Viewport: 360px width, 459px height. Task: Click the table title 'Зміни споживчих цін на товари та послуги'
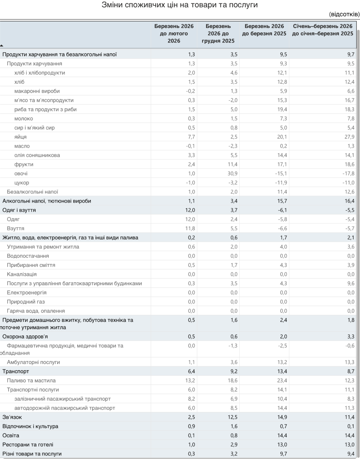pos(179,5)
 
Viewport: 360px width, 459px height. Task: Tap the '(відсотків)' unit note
pos(344,14)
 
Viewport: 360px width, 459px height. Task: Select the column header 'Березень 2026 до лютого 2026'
pos(174,33)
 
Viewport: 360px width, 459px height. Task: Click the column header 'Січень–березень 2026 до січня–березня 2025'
pos(322,30)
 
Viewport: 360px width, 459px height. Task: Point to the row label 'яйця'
pos(20,137)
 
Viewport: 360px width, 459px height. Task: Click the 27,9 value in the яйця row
pos(349,137)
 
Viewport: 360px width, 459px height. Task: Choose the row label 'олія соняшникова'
pos(37,155)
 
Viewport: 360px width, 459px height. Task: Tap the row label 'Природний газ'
pos(26,302)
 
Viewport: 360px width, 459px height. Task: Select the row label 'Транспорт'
pos(16,371)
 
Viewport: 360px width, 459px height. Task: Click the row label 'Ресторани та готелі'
pos(28,444)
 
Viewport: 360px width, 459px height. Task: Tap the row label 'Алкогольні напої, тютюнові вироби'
pos(47,201)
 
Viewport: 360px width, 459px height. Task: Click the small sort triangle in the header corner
pos(2,46)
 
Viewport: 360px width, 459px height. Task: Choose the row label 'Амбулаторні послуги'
pos(33,362)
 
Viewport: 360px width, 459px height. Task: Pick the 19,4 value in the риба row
pos(281,109)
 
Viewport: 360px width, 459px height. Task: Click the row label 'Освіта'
pos(11,435)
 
